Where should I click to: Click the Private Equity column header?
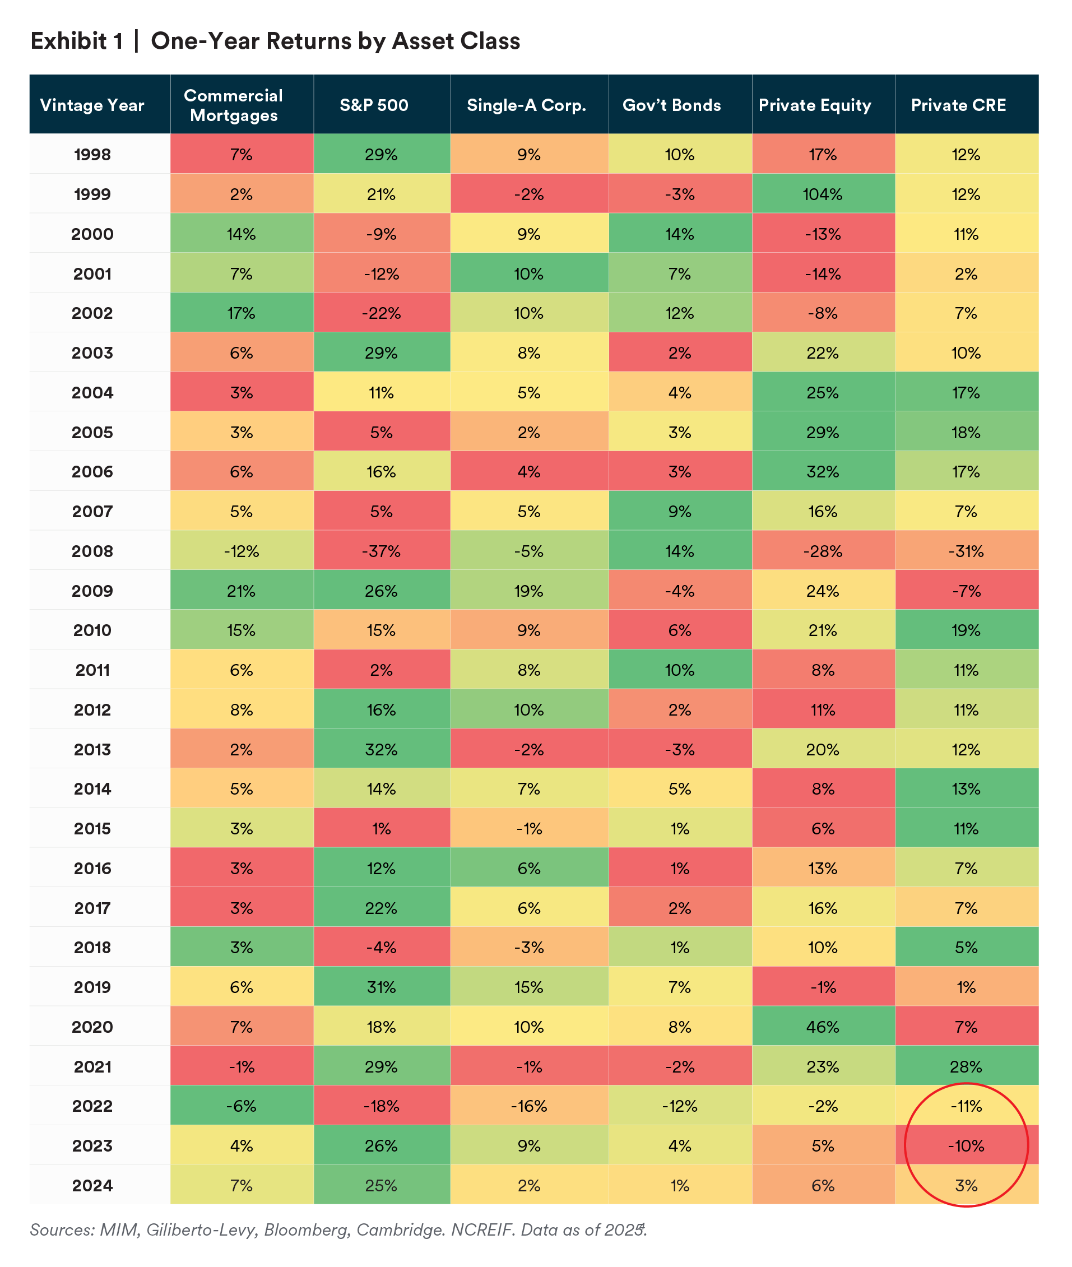[x=814, y=105]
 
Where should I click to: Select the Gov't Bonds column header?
[x=671, y=105]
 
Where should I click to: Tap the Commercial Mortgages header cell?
[x=233, y=105]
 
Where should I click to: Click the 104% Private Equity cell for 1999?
[x=823, y=194]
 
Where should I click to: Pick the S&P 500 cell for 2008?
[x=381, y=551]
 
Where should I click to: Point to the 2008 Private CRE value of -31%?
[x=966, y=551]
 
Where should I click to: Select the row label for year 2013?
[x=92, y=749]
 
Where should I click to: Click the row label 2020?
[x=92, y=1027]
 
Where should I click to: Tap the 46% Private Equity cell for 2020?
[x=823, y=1027]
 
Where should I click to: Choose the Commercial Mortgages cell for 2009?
[x=242, y=591]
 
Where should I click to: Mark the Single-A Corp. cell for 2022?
[x=528, y=1106]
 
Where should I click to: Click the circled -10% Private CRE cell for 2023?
[x=966, y=1145]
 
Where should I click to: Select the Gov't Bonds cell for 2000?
[x=679, y=234]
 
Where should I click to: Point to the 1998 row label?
[x=92, y=154]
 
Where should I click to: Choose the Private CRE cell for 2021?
[x=966, y=1066]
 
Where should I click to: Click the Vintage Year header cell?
[x=92, y=105]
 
